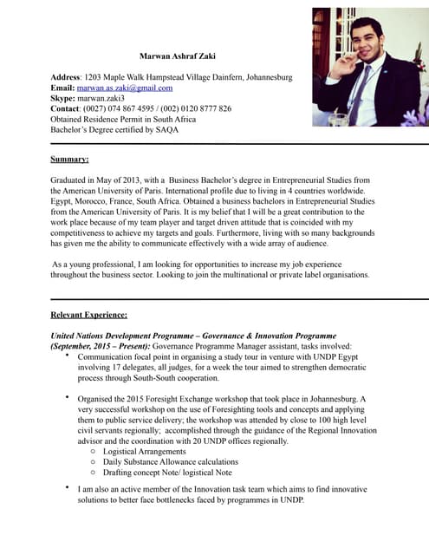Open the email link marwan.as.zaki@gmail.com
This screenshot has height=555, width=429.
[x=125, y=88]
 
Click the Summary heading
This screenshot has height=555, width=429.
[x=69, y=160]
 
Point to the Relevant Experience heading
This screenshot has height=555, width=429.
[x=88, y=315]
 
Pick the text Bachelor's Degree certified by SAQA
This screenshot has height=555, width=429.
[x=114, y=129]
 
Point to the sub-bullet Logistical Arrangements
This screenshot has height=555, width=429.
[x=144, y=451]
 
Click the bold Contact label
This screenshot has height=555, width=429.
[x=66, y=108]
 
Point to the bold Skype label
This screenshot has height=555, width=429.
[x=63, y=98]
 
